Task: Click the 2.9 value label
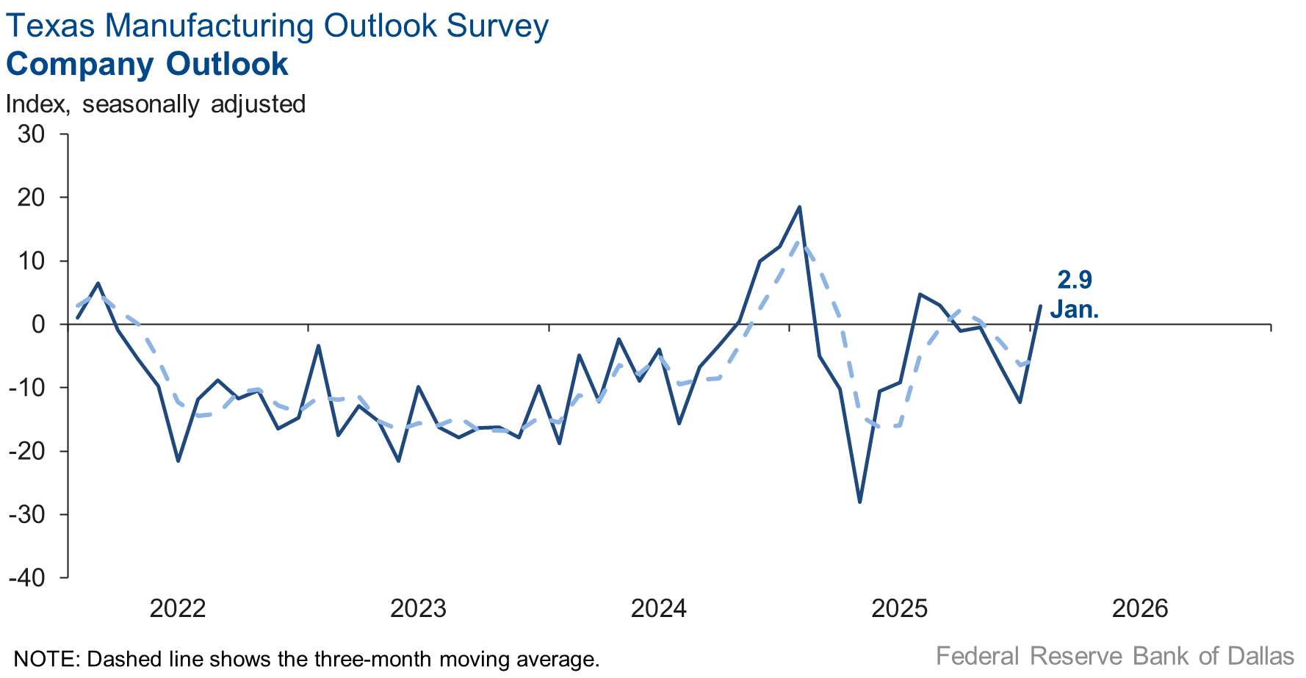tap(1074, 280)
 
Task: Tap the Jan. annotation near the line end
tap(1074, 309)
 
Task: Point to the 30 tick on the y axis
tap(32, 134)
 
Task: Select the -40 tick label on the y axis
tap(27, 577)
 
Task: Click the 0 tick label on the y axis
tap(38, 324)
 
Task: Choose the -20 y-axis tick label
tap(27, 451)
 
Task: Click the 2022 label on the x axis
tap(177, 608)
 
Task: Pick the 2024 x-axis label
tap(658, 608)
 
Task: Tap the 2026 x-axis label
tap(1139, 608)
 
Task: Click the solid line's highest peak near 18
tap(799, 207)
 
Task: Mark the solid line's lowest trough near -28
tap(859, 502)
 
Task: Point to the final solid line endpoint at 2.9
tap(1040, 306)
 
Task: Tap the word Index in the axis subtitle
tap(37, 104)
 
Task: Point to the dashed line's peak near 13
tap(801, 242)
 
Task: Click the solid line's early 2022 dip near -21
tap(178, 461)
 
